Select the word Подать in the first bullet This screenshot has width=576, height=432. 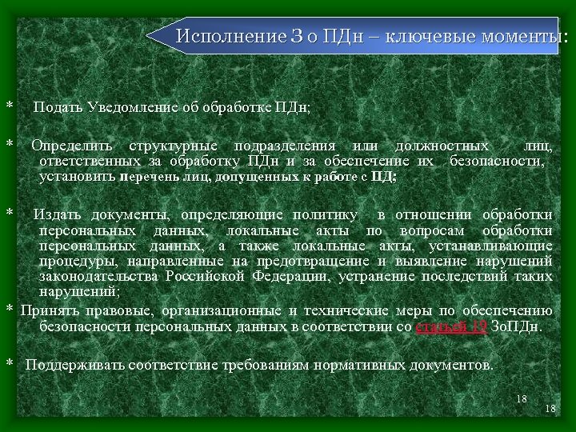(58, 106)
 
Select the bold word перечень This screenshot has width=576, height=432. (149, 177)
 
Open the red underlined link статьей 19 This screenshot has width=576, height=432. (451, 326)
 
